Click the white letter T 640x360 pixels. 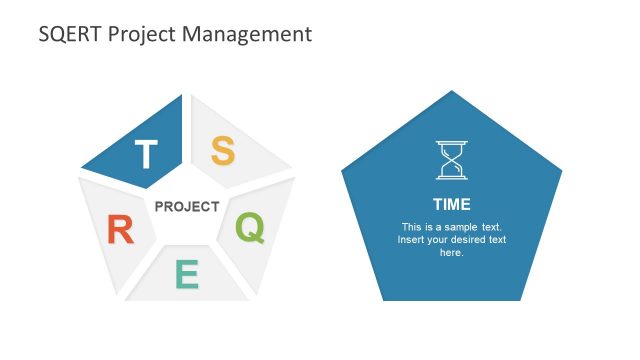[x=146, y=155]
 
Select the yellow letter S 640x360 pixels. [x=222, y=152]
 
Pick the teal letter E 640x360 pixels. [x=187, y=274]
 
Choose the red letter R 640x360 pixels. [x=120, y=231]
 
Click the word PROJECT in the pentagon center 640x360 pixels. [x=186, y=207]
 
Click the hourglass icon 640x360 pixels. [x=451, y=160]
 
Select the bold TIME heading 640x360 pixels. [x=451, y=203]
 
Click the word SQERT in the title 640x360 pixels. [x=69, y=34]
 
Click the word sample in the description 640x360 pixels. [x=463, y=227]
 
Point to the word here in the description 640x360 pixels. [x=451, y=253]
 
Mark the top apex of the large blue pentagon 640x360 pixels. [x=451, y=92]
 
